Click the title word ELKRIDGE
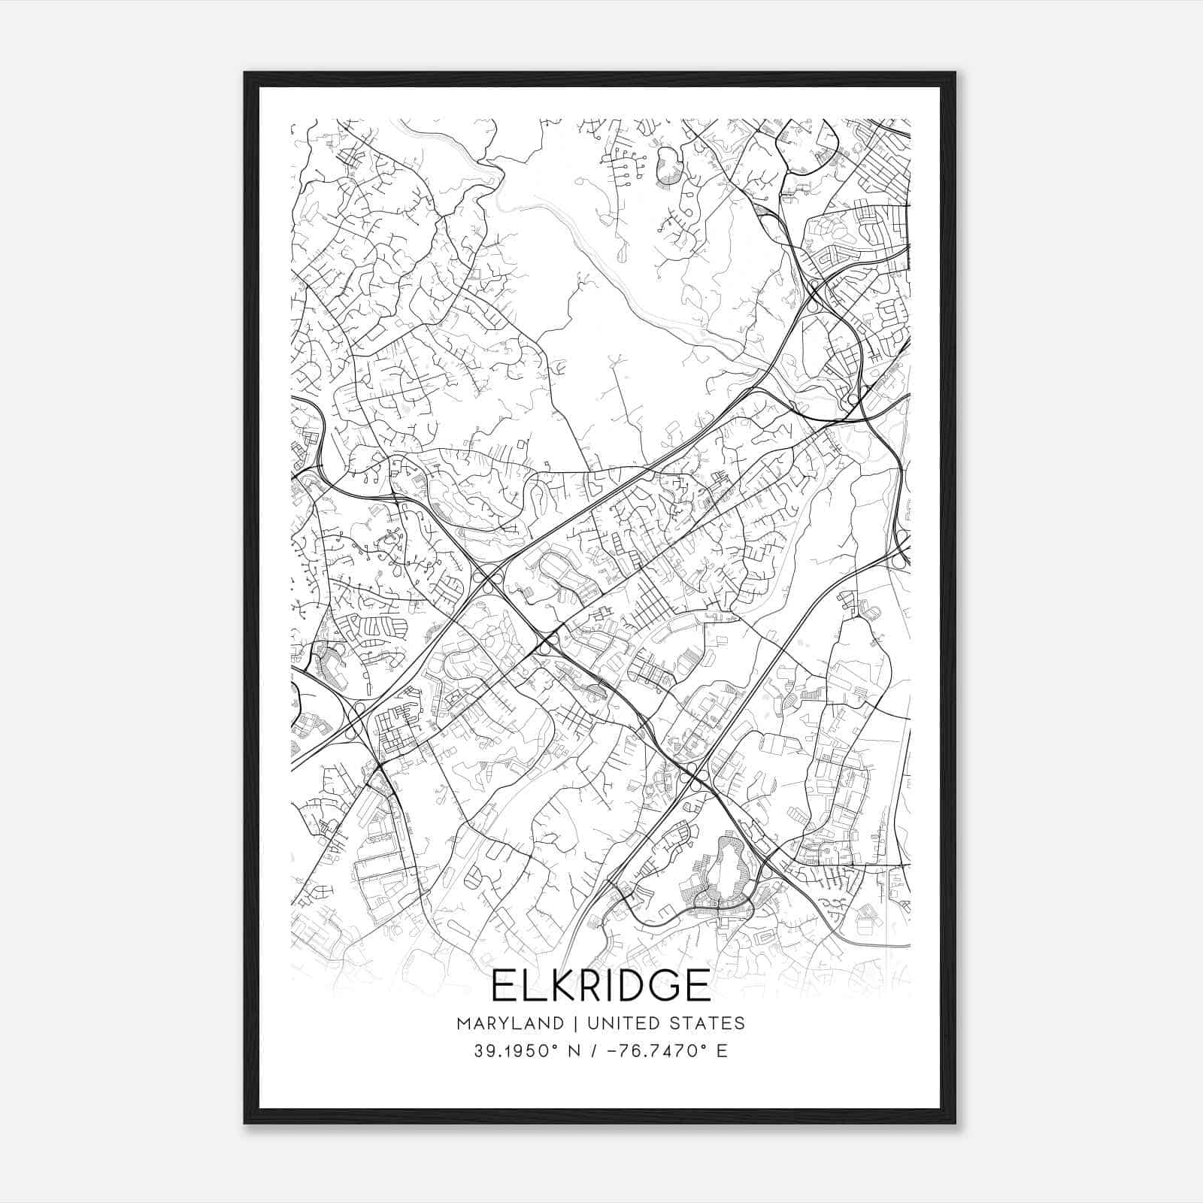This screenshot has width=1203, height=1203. (601, 985)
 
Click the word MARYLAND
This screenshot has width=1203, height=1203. (510, 1023)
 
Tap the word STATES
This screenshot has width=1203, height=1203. (707, 1023)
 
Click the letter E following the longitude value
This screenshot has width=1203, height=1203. (723, 1051)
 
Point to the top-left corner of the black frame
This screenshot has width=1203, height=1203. (245, 73)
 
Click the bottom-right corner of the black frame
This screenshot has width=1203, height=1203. (955, 1123)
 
